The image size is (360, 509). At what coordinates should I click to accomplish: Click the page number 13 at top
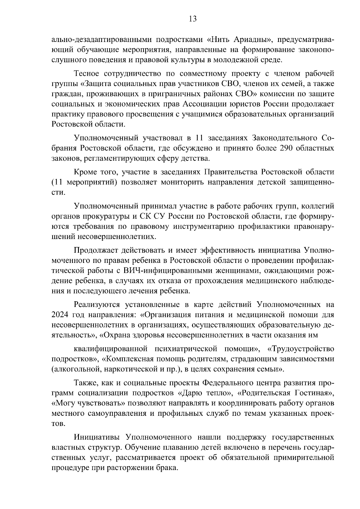pyautogui.click(x=193, y=19)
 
